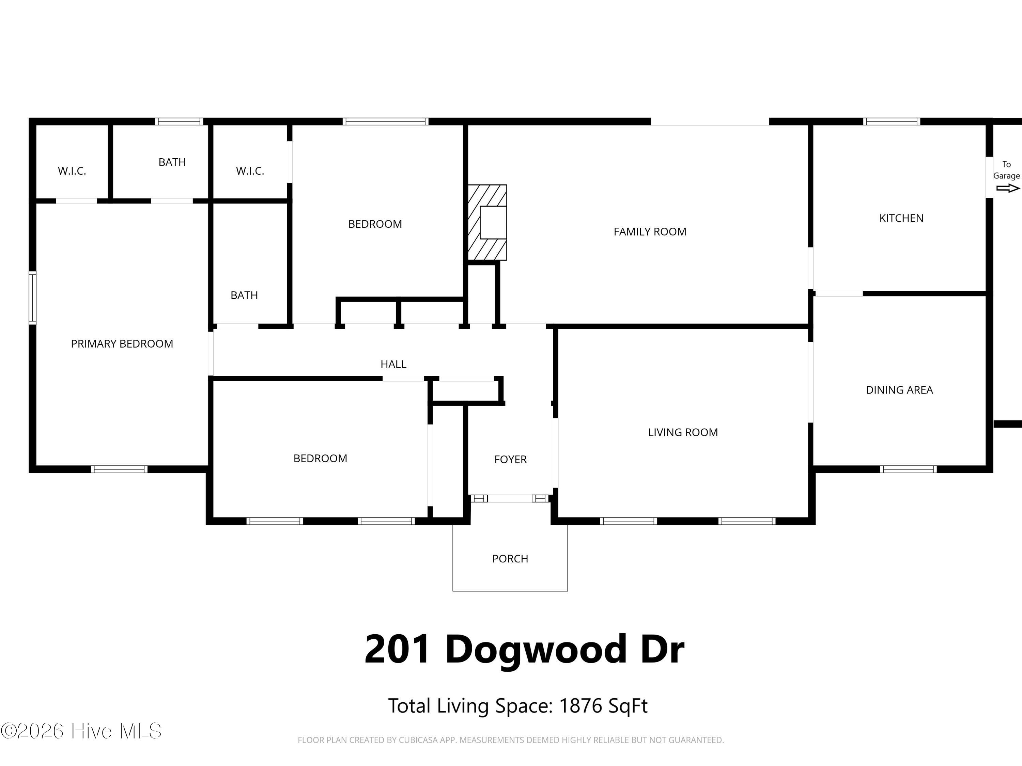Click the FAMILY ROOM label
650,232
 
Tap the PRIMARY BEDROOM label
122,344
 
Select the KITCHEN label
901,219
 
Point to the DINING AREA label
899,390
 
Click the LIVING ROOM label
682,433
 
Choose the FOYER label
510,459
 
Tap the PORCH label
510,559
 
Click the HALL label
393,364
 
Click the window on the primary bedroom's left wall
32,298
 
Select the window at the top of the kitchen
891,122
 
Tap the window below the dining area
908,469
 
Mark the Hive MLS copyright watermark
81,731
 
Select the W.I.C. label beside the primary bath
72,171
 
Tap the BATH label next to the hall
244,296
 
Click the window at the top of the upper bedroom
385,122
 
